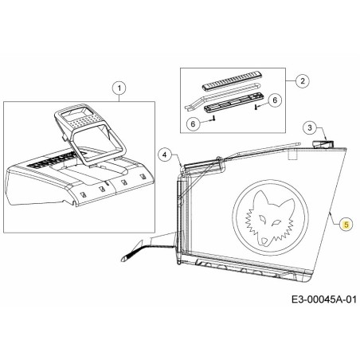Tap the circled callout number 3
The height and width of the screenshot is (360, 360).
pyautogui.click(x=312, y=127)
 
